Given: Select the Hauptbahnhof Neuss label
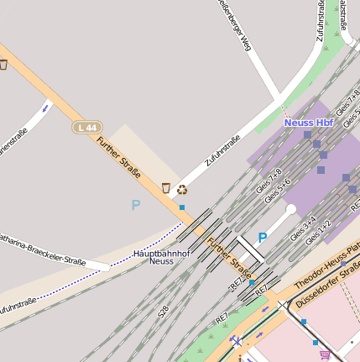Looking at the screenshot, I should [161, 257].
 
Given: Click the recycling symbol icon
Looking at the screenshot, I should [181, 189].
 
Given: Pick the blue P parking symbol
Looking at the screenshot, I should [263, 239].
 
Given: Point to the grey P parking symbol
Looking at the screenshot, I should [136, 205].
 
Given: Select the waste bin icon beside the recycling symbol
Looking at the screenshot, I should [165, 188].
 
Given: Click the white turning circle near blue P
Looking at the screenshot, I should [290, 209].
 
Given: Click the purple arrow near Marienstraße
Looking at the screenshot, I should [45, 108].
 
